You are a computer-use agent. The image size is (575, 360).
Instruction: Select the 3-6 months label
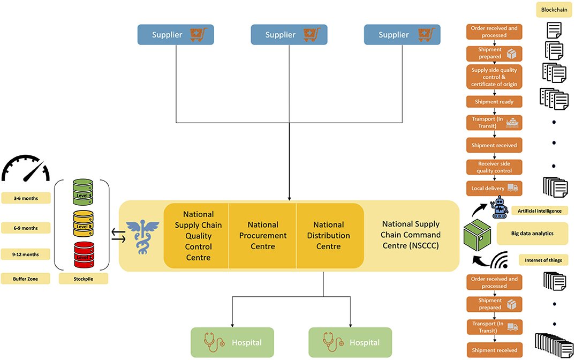[x=26, y=199]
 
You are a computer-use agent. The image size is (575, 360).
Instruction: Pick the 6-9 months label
[x=26, y=228]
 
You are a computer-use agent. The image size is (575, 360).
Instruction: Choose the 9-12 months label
[x=26, y=254]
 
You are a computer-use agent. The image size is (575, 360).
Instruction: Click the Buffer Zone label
[x=26, y=279]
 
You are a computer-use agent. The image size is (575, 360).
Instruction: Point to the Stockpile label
[x=82, y=279]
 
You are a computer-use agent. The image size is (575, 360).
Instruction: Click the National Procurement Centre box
[x=262, y=236]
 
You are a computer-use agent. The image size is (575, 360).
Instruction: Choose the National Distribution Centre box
[x=329, y=236]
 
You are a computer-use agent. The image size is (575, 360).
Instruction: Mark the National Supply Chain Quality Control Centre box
[x=198, y=236]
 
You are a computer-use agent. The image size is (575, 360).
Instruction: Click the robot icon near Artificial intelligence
[x=501, y=207]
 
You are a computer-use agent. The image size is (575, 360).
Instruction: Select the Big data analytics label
[x=532, y=234]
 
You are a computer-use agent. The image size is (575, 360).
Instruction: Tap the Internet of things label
[x=543, y=260]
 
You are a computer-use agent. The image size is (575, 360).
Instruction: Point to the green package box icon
[x=478, y=234]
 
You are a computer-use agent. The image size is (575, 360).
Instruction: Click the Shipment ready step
[x=494, y=102]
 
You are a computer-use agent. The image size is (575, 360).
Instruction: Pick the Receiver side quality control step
[x=494, y=167]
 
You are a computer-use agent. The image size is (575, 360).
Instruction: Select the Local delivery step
[x=494, y=189]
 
